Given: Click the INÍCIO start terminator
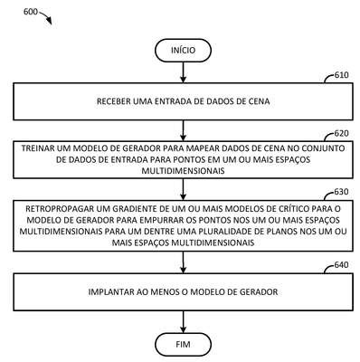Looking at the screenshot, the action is [x=183, y=50].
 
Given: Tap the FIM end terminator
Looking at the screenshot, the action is [x=183, y=344].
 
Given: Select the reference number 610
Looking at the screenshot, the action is [x=341, y=75].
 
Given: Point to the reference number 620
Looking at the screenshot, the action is [x=341, y=133].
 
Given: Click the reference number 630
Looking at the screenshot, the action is [x=341, y=192].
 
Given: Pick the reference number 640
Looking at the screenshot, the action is [x=341, y=265].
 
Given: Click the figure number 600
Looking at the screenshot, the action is [x=31, y=12].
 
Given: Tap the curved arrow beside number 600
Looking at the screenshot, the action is [x=46, y=17].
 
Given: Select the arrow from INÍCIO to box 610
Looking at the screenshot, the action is [x=183, y=72].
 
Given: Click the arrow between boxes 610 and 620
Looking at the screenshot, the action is [x=183, y=130].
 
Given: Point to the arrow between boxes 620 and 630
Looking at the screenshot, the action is [x=183, y=189].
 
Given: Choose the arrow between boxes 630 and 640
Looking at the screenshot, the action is [x=183, y=262].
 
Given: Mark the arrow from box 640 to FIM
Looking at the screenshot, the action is [x=183, y=321].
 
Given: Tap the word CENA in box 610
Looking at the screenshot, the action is [x=260, y=101].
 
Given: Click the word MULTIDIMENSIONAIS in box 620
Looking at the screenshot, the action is [x=183, y=171].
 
